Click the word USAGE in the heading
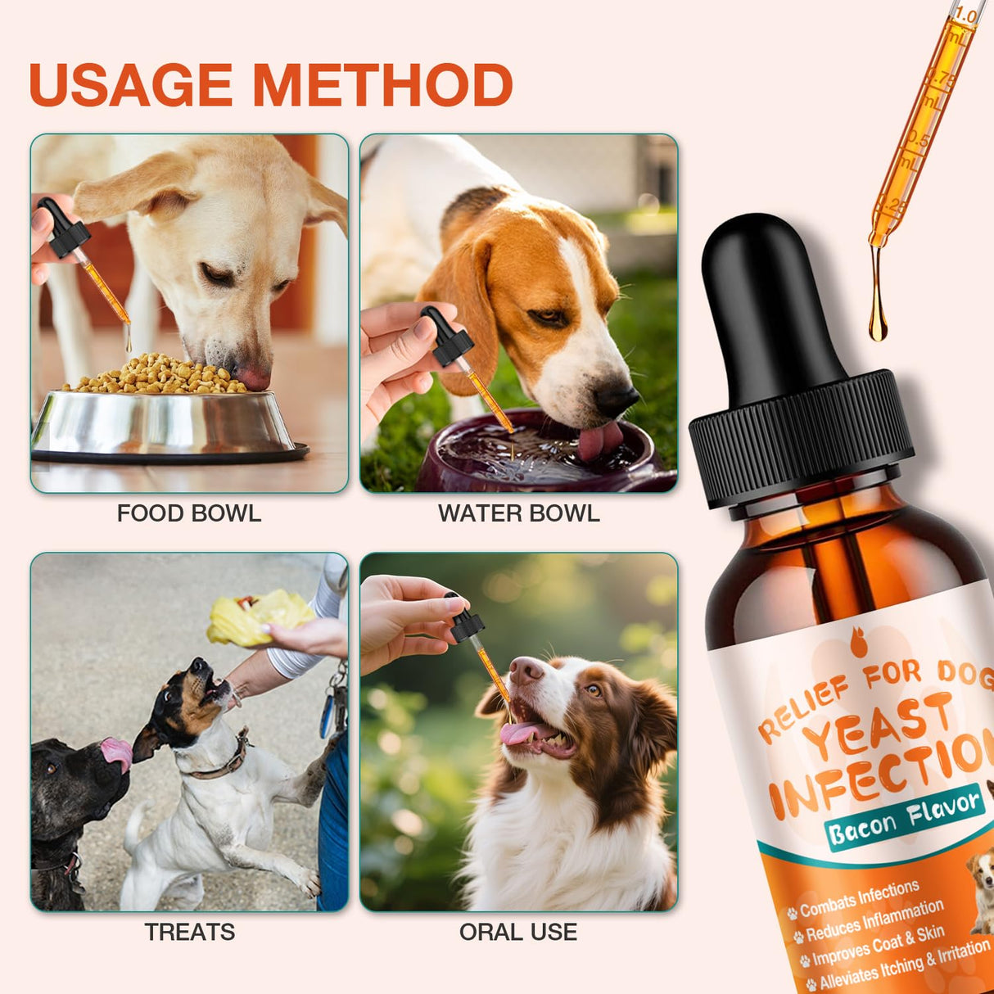click(x=131, y=85)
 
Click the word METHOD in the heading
click(x=382, y=85)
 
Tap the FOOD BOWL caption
click(x=189, y=513)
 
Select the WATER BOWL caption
click(x=518, y=513)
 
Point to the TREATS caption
click(x=189, y=932)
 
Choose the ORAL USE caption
click(x=518, y=932)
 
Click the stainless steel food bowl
click(x=164, y=422)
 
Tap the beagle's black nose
click(x=617, y=399)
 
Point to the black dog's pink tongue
click(x=116, y=752)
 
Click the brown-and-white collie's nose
click(x=524, y=670)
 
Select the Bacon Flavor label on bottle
click(x=904, y=818)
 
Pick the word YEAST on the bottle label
click(x=879, y=725)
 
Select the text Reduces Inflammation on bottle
click(x=874, y=921)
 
